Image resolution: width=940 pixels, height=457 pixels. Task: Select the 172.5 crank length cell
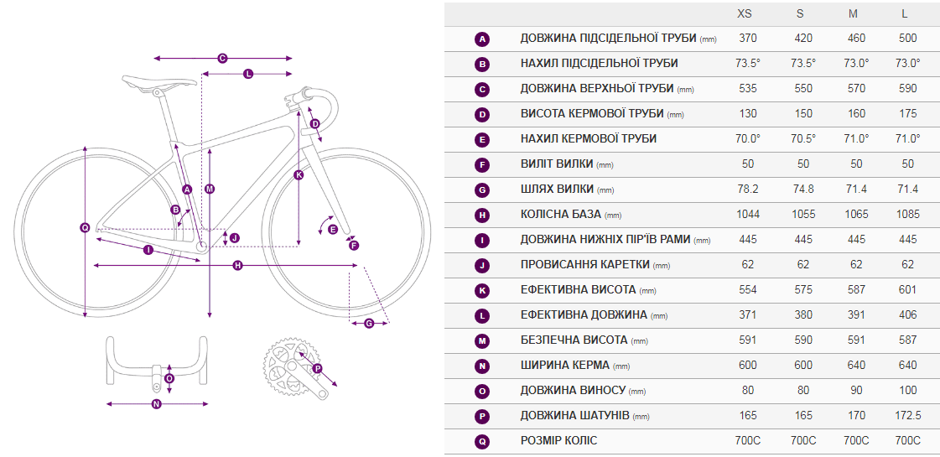pos(908,416)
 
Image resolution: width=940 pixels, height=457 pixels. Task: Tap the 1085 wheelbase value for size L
pos(908,215)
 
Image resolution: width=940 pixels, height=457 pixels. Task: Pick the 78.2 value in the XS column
pos(748,190)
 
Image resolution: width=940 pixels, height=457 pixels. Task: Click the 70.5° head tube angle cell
pos(803,139)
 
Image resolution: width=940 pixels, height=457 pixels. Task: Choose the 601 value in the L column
pos(908,289)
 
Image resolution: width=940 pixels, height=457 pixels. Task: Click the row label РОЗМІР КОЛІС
pos(558,441)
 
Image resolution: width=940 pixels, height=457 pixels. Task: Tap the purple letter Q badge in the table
pos(482,442)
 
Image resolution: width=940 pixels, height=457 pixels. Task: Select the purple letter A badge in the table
pos(482,39)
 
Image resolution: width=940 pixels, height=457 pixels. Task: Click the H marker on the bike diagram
pos(237,265)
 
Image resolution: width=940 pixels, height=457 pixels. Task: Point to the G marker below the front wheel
pos(369,324)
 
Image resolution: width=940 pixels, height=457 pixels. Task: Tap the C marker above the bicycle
pos(222,58)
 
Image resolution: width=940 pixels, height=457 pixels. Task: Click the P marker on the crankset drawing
pos(317,368)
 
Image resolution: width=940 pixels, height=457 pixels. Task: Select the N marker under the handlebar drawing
pos(157,404)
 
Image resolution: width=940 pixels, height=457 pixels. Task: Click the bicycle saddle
pos(159,83)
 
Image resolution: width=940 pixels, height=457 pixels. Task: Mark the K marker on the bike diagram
pos(299,175)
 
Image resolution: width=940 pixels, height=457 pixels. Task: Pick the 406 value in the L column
pos(908,314)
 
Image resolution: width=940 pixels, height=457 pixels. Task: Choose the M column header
pos(853,13)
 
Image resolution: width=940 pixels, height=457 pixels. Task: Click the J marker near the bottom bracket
pos(235,237)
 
